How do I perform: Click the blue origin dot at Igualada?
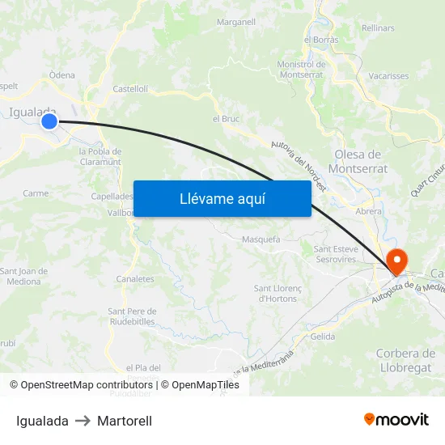[x=49, y=121]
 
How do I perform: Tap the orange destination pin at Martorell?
[x=397, y=261]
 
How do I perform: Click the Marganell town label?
[x=236, y=22]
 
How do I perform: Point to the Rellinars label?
[x=379, y=28]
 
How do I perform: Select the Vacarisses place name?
[x=388, y=76]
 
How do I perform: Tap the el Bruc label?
[x=226, y=119]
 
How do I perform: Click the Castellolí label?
[x=129, y=89]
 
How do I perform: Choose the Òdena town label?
[x=62, y=75]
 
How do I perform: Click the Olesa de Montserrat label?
[x=361, y=162]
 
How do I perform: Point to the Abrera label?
[x=369, y=211]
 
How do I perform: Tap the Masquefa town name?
[x=261, y=239]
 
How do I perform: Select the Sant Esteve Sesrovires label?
[x=336, y=254]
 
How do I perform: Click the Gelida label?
[x=322, y=337]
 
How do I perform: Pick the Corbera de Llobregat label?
[x=406, y=361]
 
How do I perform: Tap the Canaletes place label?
[x=135, y=279]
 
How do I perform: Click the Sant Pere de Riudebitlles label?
[x=132, y=316]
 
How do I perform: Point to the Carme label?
[x=36, y=193]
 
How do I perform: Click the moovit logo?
[x=396, y=420]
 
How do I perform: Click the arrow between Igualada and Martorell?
[x=83, y=421]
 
